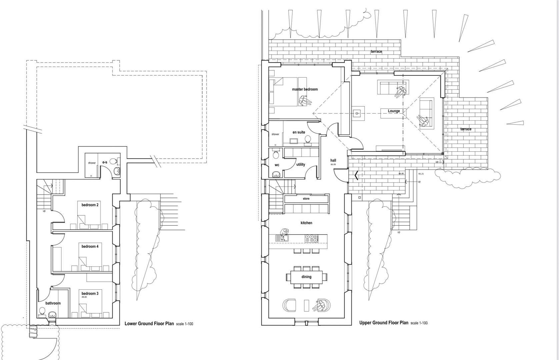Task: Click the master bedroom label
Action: (305, 89)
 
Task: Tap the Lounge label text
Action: (394, 111)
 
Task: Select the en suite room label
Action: (299, 132)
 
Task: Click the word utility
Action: (301, 164)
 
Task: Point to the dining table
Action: (306, 277)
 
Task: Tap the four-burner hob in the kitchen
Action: (311, 238)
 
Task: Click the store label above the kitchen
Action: (306, 199)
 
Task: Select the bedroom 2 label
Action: (90, 205)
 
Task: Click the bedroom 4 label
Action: (90, 246)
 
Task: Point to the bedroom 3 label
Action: (90, 294)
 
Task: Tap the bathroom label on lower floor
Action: (53, 303)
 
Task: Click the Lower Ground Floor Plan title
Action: (149, 323)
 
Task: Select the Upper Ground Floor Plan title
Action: (384, 323)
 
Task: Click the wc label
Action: (277, 165)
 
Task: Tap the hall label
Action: (333, 160)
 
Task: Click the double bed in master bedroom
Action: (285, 92)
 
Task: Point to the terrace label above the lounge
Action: (376, 52)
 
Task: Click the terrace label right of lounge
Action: (466, 129)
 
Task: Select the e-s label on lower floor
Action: (105, 162)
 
